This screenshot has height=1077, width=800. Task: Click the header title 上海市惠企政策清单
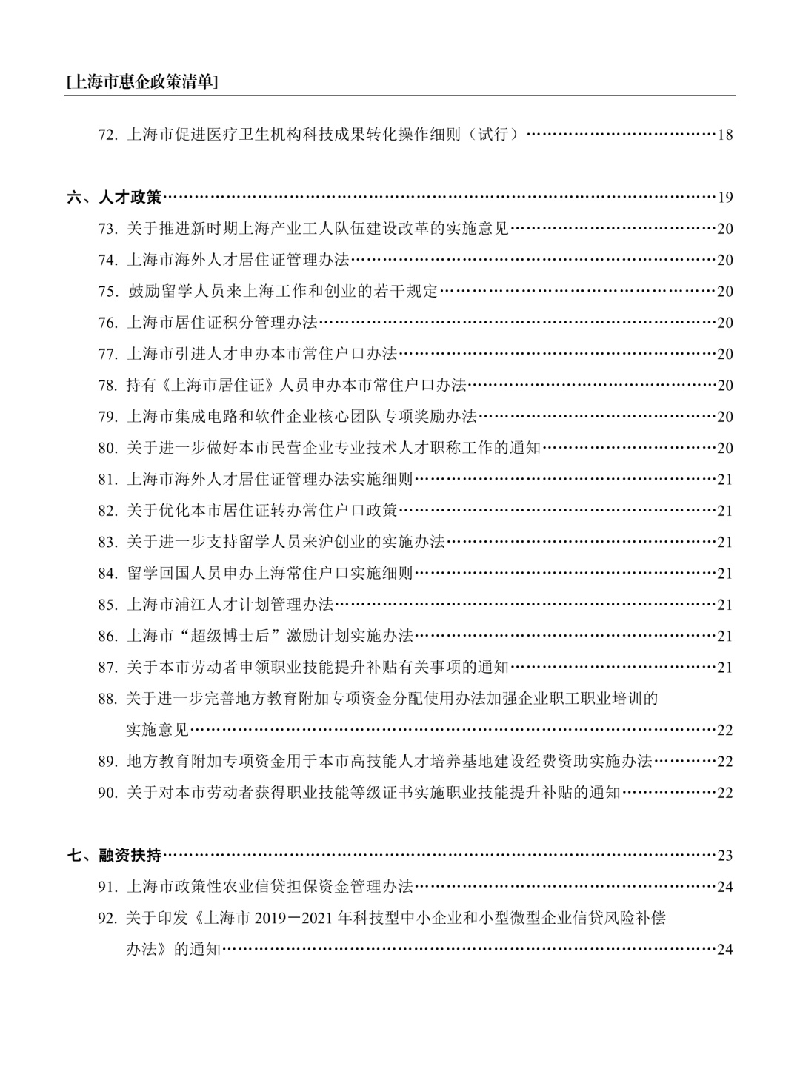141,82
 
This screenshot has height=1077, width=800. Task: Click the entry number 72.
107,135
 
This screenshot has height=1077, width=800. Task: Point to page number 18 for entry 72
725,135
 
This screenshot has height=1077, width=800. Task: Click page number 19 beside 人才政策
725,198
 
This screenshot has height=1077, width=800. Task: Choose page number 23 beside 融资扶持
725,856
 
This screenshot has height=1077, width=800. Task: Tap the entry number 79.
107,417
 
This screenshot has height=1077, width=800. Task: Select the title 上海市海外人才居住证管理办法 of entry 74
237,260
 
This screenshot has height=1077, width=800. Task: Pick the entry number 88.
107,699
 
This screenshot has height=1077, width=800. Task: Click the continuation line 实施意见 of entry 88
157,730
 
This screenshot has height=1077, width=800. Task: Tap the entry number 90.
107,793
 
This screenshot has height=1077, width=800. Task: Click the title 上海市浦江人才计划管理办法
230,605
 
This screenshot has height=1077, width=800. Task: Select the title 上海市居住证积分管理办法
221,323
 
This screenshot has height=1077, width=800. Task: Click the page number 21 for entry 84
725,574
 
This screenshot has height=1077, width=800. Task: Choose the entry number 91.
107,887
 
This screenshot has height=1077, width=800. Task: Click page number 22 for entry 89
725,762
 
